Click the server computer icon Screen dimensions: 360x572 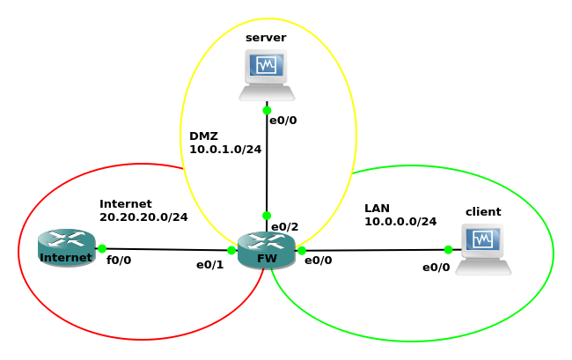tap(267, 75)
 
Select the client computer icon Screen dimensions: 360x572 tap(483, 249)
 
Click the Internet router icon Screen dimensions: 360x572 tap(66, 247)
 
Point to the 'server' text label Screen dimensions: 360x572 tap(266, 37)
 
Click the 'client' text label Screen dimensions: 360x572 tap(483, 211)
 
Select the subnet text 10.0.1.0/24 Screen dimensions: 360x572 tap(225, 150)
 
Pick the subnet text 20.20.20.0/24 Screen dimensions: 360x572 tap(143, 217)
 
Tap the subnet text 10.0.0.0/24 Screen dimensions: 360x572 tap(400, 222)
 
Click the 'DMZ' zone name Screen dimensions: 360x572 tap(203, 136)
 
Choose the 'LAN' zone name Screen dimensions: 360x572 tap(377, 208)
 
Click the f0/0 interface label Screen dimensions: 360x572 tap(119, 261)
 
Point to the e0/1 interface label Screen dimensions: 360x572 tap(209, 264)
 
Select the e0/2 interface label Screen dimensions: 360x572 tap(284, 227)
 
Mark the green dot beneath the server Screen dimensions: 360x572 tap(267, 111)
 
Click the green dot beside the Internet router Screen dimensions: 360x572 tap(102, 249)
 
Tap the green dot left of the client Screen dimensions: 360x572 tap(448, 250)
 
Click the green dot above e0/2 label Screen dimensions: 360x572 tap(267, 216)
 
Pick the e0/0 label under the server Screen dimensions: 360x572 tap(282, 121)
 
